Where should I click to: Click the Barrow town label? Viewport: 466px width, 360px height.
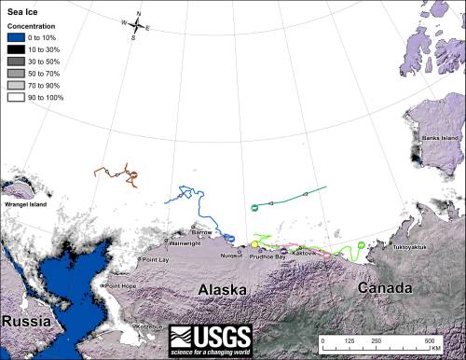coord(202,230)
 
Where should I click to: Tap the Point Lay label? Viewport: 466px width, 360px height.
coord(154,260)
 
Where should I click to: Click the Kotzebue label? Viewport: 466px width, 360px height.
coord(148,326)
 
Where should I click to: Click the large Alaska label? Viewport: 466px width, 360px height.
coord(223,290)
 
